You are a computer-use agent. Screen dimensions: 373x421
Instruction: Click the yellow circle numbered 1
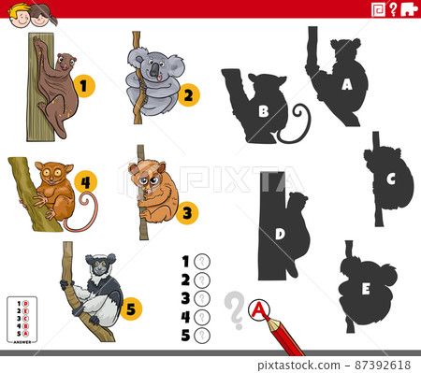tap(84, 87)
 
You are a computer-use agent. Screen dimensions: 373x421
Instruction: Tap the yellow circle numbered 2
tap(188, 94)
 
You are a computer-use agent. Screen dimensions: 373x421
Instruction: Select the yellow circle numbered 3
tap(187, 213)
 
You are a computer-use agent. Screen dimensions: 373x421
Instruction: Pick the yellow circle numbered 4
tap(85, 180)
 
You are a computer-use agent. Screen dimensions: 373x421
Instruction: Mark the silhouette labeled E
tap(367, 286)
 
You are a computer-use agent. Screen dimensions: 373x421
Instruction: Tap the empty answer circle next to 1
tap(201, 262)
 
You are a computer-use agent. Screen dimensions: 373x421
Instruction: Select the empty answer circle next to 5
tap(201, 336)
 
